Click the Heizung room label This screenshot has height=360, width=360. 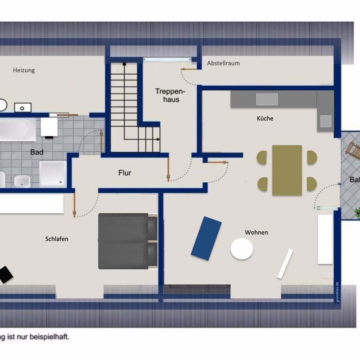(x=24, y=70)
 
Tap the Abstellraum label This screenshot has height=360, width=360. (x=223, y=63)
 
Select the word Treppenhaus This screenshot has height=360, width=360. (x=167, y=95)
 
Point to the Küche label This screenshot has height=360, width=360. (x=265, y=118)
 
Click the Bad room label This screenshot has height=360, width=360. (x=37, y=152)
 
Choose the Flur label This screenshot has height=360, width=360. (x=125, y=172)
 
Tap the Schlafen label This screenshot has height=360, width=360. (x=57, y=239)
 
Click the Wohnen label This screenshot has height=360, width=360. (x=256, y=232)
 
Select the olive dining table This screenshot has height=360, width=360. (x=287, y=170)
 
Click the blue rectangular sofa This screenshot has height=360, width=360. (x=206, y=238)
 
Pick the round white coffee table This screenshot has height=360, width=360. (x=242, y=249)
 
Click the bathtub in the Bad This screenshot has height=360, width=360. (x=17, y=129)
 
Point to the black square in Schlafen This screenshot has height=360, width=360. (x=5, y=274)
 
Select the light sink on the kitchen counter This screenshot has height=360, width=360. (x=267, y=99)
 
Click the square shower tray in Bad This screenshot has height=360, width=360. (x=53, y=174)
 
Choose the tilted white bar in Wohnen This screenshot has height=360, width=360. (x=285, y=263)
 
